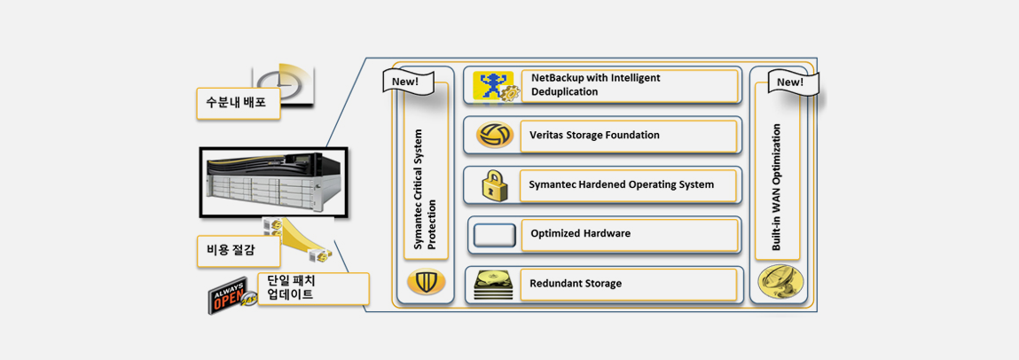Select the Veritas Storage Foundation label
tap(594, 135)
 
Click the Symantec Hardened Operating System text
tap(622, 184)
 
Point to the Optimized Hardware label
tap(580, 233)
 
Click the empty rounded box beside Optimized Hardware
tap(495, 235)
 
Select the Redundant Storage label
tap(576, 284)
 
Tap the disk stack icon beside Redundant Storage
tap(493, 285)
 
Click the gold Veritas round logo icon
tap(495, 135)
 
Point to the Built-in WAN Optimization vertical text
tap(776, 188)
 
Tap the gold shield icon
tap(427, 281)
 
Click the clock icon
tap(285, 84)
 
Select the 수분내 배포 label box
tap(238, 104)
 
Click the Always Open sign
tap(231, 294)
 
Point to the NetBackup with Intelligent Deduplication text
tap(596, 85)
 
